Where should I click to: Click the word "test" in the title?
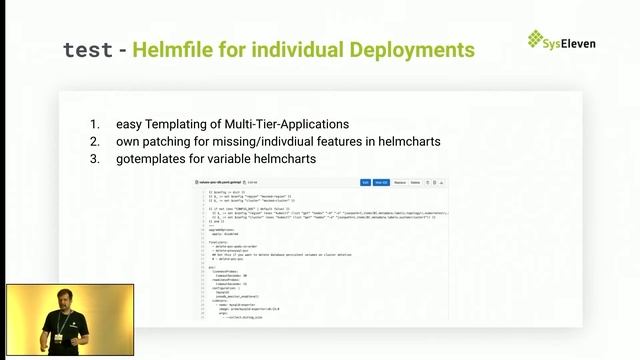88,49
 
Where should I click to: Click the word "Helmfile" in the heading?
177,49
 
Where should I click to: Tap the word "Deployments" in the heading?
411,49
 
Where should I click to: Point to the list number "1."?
95,125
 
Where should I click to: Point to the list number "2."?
95,142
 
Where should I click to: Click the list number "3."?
95,159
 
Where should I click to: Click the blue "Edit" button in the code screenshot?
365,183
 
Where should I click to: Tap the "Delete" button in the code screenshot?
417,183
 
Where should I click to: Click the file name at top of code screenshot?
222,183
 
